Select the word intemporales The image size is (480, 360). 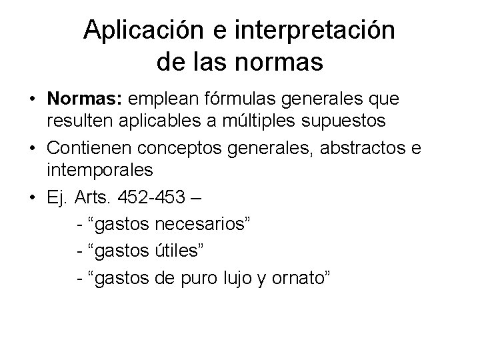tap(101, 170)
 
